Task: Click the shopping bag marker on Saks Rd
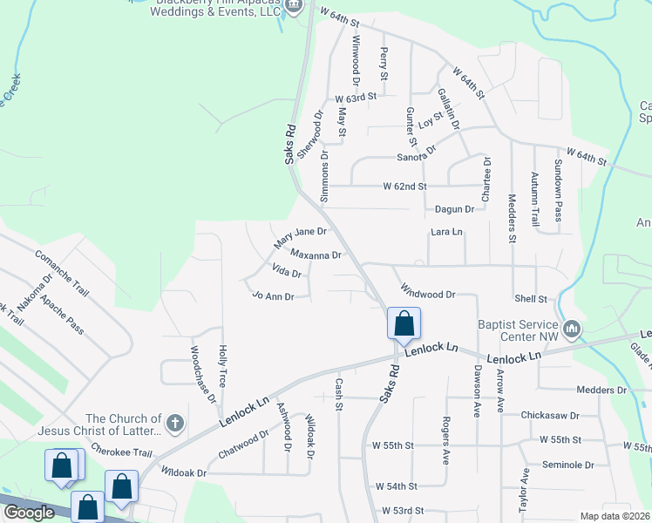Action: (404, 323)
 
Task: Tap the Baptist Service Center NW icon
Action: (572, 329)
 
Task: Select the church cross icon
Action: (174, 425)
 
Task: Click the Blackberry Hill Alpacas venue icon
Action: (294, 7)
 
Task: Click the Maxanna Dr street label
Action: (316, 255)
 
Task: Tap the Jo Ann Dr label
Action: (273, 296)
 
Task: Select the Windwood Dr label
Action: (428, 291)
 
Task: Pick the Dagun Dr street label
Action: (454, 209)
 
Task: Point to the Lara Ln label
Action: (446, 233)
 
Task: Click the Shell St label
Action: (530, 298)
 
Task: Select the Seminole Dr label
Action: (567, 465)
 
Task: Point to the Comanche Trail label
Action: (62, 271)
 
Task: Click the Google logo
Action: (29, 513)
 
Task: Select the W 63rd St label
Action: (355, 97)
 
